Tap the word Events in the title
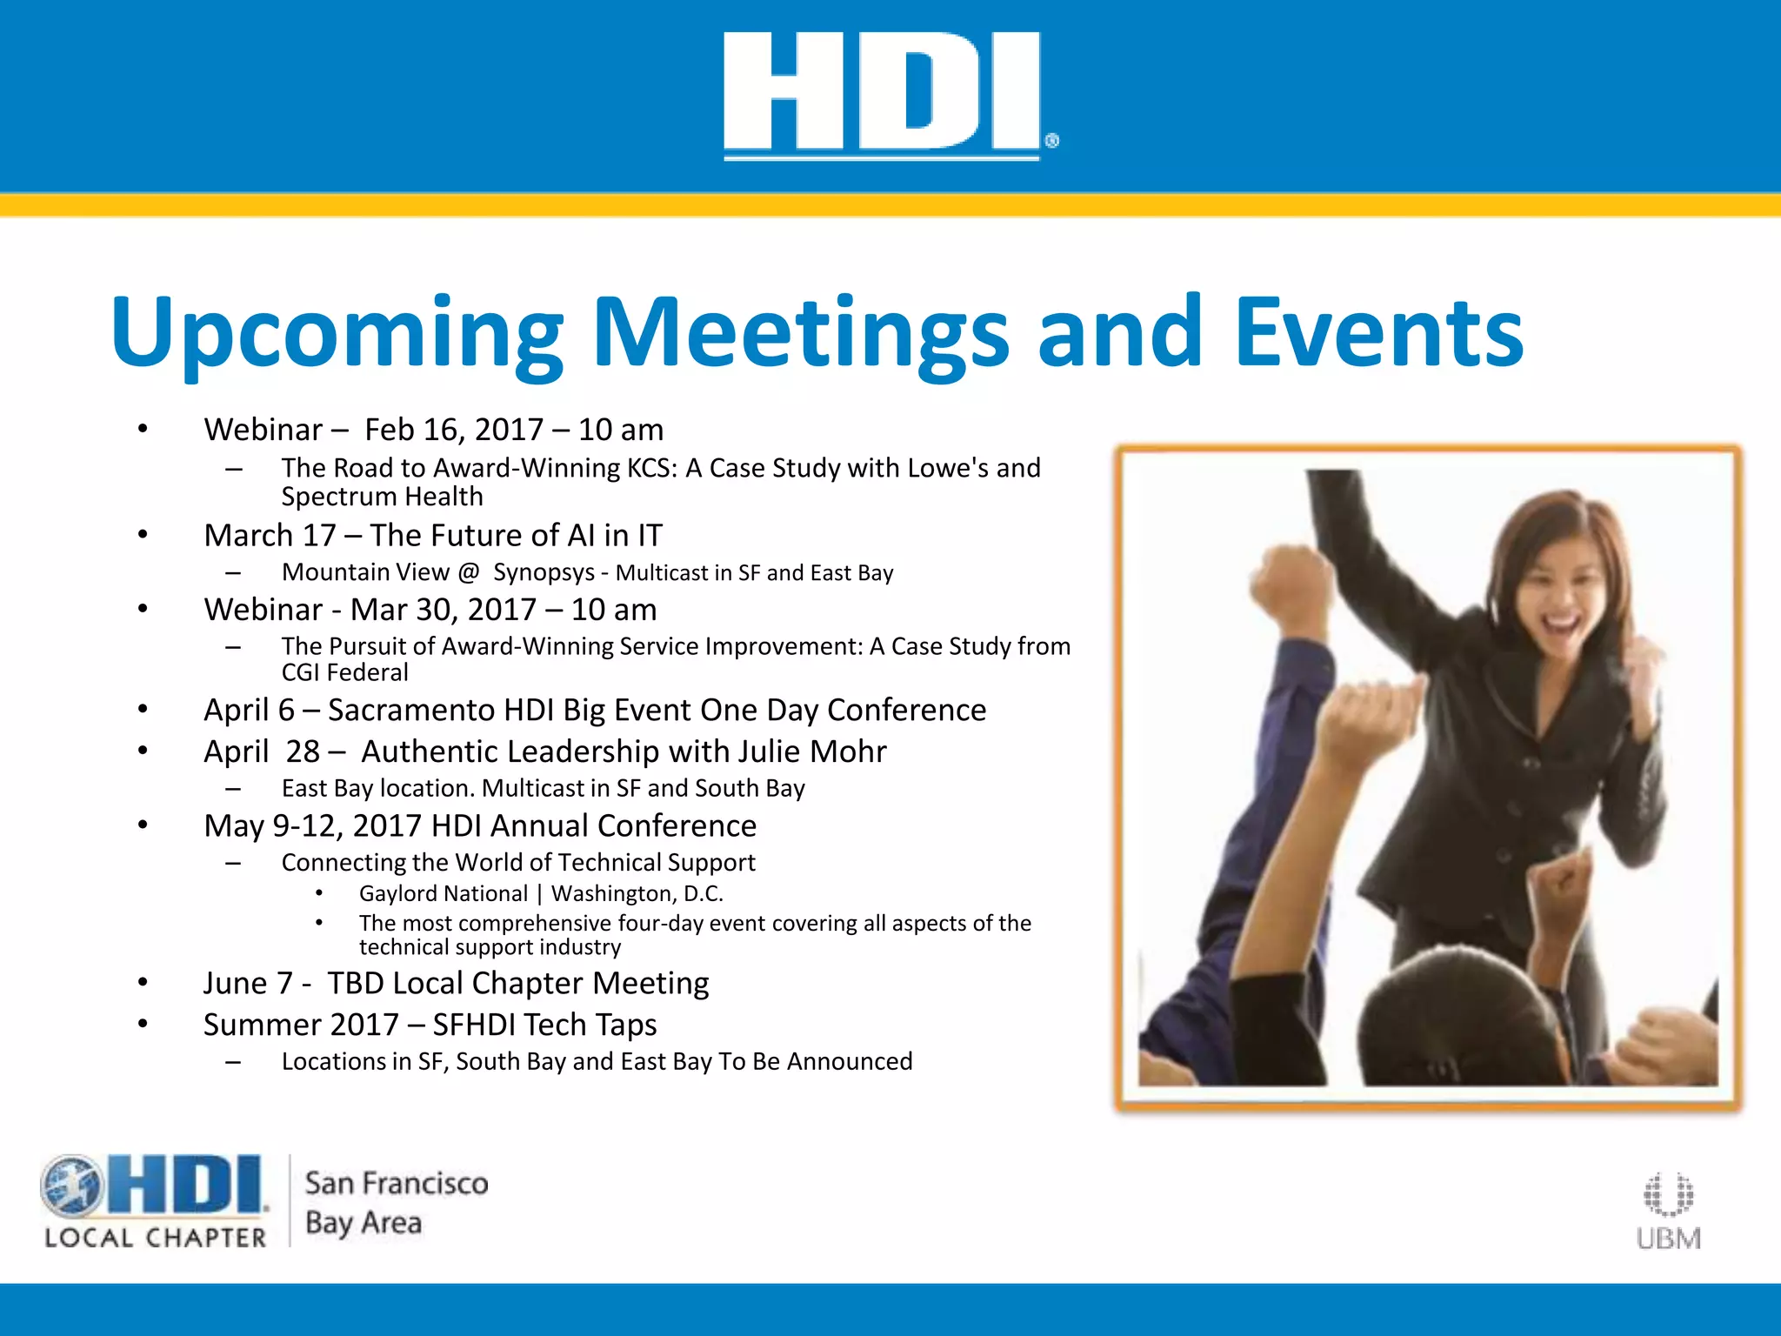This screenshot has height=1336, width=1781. pos(1378,332)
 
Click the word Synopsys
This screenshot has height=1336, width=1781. pos(544,572)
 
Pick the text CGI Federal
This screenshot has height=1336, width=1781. pos(344,672)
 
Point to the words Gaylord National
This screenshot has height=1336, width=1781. pos(443,893)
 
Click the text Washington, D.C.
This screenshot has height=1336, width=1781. pos(637,893)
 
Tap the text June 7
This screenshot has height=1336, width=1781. pos(248,983)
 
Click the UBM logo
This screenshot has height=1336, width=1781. pos(1668,1212)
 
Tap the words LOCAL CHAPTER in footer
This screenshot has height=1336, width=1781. pos(156,1238)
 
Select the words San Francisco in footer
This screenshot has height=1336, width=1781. pos(397,1183)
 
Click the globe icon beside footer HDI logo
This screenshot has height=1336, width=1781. pos(71,1186)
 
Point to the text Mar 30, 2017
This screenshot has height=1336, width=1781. pos(443,610)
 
